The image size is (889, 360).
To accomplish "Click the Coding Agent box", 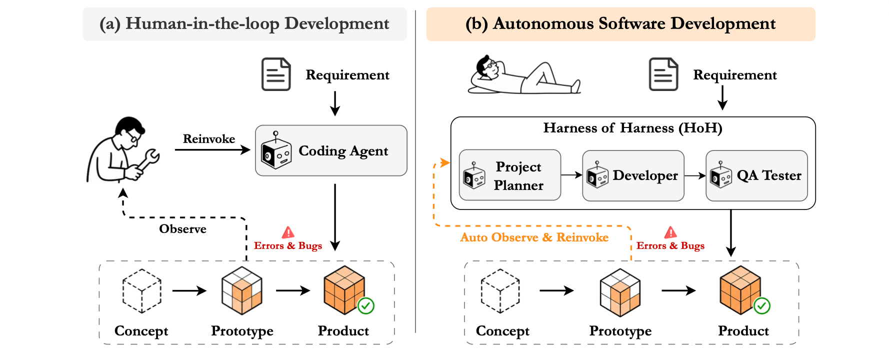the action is tap(331, 150).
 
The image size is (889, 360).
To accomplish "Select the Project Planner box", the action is tap(510, 175).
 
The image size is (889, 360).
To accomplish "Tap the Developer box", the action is tap(633, 175).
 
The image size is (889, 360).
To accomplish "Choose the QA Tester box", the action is tap(756, 175).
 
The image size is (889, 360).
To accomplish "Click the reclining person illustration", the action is tap(524, 76).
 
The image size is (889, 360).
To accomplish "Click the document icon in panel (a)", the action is tap(276, 74).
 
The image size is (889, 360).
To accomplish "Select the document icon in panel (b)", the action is tap(663, 74).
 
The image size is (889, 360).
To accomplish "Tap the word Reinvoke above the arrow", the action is tap(209, 139).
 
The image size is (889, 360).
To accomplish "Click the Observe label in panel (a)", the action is tap(182, 229).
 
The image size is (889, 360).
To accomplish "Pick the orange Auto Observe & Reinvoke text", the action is tap(534, 237).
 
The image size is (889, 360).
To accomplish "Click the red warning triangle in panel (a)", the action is tap(288, 232).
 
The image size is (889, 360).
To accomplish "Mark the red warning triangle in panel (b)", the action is tap(670, 232).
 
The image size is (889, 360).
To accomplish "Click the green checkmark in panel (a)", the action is tap(366, 305).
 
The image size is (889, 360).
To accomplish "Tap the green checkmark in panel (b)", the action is tap(762, 305).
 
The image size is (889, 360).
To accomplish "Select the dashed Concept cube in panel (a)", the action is tap(142, 291).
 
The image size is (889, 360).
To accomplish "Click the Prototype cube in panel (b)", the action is tap(620, 292).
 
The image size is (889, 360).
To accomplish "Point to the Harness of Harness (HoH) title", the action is tap(633, 128).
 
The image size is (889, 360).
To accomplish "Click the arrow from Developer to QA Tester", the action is tap(695, 175).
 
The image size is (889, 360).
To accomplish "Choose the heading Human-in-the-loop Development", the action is tap(244, 23).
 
